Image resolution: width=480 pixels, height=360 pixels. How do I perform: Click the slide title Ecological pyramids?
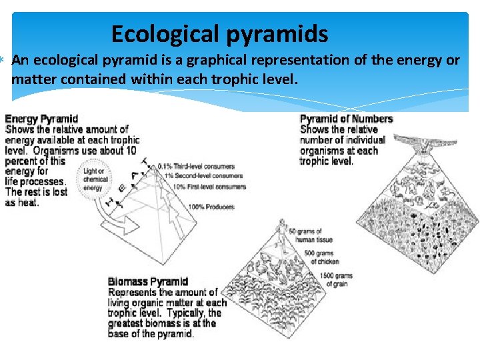[219, 33]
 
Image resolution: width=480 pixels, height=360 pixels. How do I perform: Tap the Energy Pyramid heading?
[41, 119]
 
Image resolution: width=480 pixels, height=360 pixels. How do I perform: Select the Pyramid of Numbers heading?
[346, 119]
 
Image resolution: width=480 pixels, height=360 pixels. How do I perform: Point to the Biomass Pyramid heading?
[148, 282]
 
